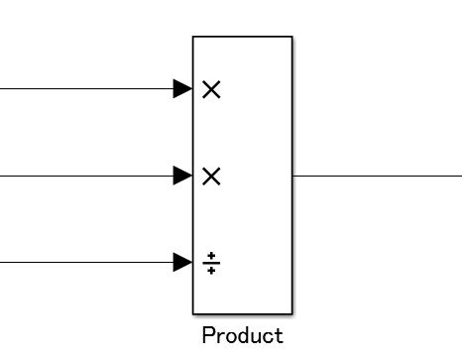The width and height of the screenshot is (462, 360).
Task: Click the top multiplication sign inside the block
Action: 211,89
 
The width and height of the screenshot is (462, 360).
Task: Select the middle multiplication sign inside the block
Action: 211,177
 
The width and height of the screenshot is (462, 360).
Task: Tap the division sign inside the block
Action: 211,263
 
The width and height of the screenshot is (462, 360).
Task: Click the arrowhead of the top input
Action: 183,89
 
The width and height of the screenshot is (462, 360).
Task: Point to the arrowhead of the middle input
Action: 183,177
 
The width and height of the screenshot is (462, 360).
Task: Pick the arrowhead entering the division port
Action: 183,263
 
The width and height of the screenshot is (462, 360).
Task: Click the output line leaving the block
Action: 377,177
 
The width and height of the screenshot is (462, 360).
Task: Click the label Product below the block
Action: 242,336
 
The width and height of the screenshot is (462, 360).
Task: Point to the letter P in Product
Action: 208,336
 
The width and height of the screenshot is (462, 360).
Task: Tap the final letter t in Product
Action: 279,336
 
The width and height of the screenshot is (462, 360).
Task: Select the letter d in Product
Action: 241,336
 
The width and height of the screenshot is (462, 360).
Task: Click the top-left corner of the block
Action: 193,37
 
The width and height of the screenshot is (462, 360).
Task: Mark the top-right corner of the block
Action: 292,37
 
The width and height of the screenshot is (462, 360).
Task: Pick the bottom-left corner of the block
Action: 193,313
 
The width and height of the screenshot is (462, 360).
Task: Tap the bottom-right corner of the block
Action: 292,313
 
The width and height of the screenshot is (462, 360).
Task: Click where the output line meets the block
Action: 293,177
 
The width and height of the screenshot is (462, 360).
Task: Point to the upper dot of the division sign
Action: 211,256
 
